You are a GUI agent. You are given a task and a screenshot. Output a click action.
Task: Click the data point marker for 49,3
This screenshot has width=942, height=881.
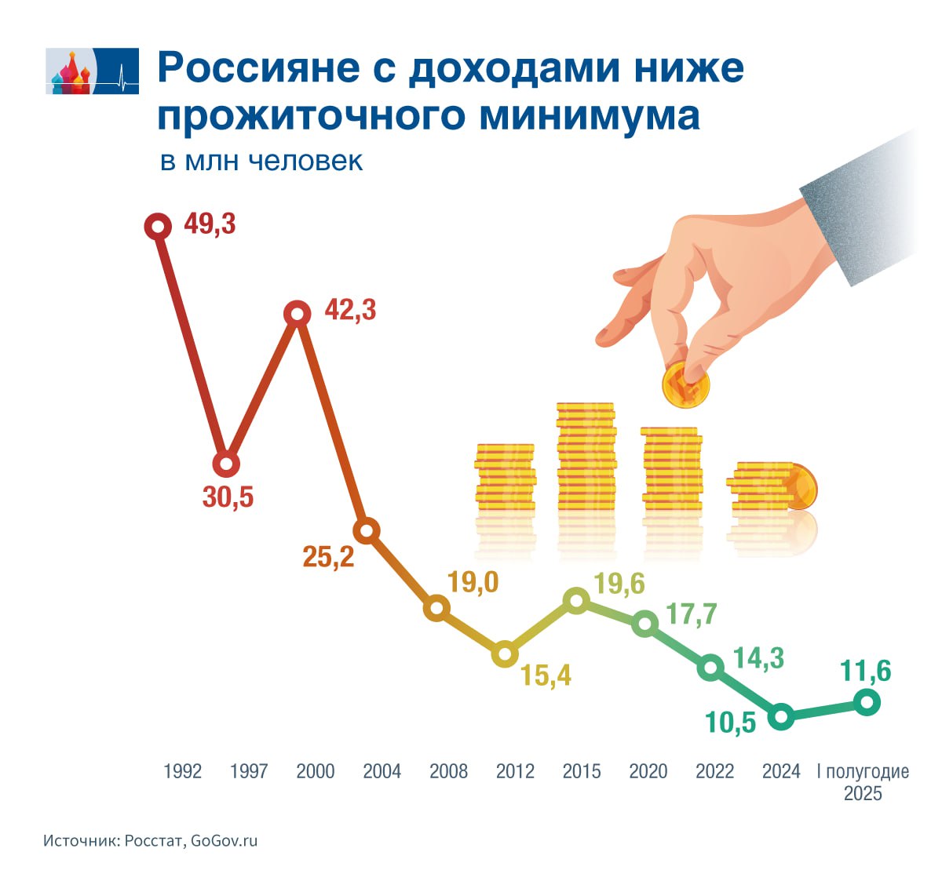point(158,227)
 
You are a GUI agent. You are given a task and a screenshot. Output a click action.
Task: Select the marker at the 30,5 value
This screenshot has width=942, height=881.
point(226,464)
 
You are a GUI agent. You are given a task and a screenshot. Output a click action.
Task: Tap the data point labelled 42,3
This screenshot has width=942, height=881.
point(297,314)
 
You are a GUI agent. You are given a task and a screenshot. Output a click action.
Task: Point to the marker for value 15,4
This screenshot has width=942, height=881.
point(506,653)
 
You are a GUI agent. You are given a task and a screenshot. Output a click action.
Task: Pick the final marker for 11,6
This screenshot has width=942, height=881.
point(867,702)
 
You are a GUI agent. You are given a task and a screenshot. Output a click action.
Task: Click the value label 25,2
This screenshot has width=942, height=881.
point(328,557)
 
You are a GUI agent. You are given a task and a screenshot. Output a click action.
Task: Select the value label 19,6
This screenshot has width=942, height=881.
point(619,584)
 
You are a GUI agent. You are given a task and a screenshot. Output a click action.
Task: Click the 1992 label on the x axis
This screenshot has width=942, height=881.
point(182,772)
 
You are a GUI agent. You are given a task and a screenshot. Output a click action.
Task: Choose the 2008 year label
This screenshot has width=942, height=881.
point(448,772)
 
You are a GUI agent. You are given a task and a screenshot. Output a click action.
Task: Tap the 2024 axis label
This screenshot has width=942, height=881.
point(781,772)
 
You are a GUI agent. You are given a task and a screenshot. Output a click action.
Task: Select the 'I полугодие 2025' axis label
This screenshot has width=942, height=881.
point(863,782)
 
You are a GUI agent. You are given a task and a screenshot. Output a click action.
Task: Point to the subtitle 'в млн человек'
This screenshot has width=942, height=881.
point(261,161)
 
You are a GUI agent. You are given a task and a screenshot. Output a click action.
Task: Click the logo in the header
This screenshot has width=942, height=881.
point(93,71)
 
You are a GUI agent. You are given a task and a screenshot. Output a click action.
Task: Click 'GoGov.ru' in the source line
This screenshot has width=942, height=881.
point(225,841)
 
